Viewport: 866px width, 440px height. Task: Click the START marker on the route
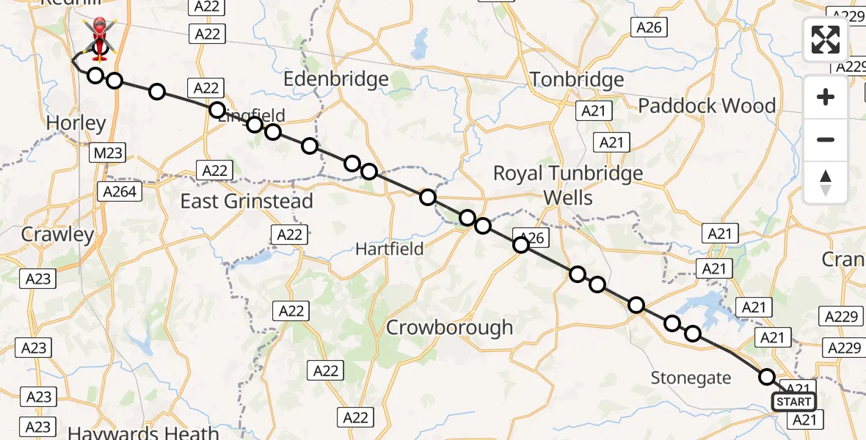click(793, 401)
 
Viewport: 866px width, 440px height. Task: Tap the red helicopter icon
click(98, 38)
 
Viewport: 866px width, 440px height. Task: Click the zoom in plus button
click(826, 98)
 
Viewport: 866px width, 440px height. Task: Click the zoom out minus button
click(826, 139)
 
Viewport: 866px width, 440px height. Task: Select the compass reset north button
click(826, 182)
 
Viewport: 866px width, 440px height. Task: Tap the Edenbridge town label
click(335, 79)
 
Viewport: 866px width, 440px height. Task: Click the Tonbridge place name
click(576, 79)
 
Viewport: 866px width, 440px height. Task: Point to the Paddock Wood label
click(707, 106)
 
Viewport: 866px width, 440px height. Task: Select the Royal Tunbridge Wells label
click(568, 185)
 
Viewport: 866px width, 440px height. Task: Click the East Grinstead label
click(247, 201)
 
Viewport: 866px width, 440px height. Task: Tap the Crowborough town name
click(449, 327)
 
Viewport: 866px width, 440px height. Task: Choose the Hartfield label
click(389, 249)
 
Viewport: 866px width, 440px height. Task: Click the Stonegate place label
click(691, 378)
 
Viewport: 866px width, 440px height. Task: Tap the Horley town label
click(76, 123)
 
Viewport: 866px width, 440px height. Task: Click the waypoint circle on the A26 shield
click(520, 245)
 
